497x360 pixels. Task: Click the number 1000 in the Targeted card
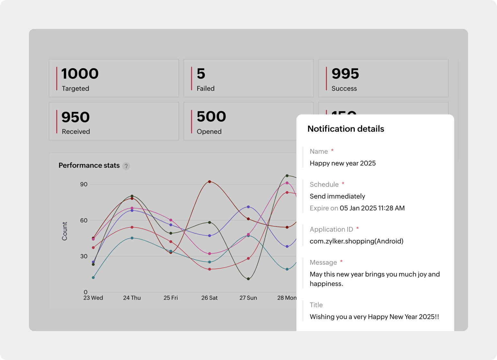[80, 74]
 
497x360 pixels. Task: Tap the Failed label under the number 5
[205, 88]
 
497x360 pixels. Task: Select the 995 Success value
[345, 74]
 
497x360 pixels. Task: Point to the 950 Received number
[76, 117]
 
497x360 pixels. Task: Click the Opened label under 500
[209, 131]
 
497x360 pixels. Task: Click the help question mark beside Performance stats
[126, 166]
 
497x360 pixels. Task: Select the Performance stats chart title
[89, 165]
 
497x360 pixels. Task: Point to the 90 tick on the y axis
[84, 184]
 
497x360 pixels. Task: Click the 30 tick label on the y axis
[84, 256]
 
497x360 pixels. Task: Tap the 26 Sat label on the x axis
[209, 298]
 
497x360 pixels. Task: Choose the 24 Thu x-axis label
[132, 298]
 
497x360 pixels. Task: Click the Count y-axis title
[65, 231]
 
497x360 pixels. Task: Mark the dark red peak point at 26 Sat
[210, 182]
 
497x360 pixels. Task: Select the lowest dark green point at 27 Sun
[248, 279]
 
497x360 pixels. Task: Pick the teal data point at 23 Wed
[93, 277]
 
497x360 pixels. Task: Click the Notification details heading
[346, 129]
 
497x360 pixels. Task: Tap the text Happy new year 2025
[342, 163]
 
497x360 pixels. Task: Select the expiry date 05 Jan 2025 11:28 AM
[372, 208]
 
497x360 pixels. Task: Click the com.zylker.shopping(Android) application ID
[356, 241]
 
